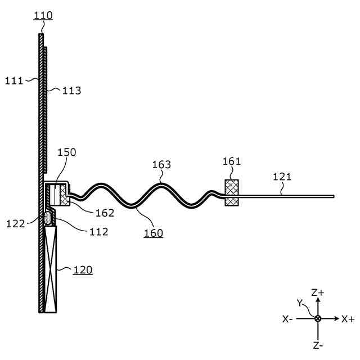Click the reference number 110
coord(43,15)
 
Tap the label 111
coord(14,80)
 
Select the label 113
coord(71,90)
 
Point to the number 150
coord(66,152)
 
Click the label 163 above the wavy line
coord(162,165)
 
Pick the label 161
coord(231,161)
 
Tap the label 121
coord(282,177)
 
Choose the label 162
coord(105,213)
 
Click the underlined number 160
coord(153,232)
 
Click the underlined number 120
coord(83,270)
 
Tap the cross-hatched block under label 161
coord(232,193)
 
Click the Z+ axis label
coord(318,292)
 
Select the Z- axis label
coord(318,344)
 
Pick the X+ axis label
coord(348,319)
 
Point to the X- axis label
coord(287,319)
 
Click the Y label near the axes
coord(300,303)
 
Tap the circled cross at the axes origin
coord(318,318)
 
